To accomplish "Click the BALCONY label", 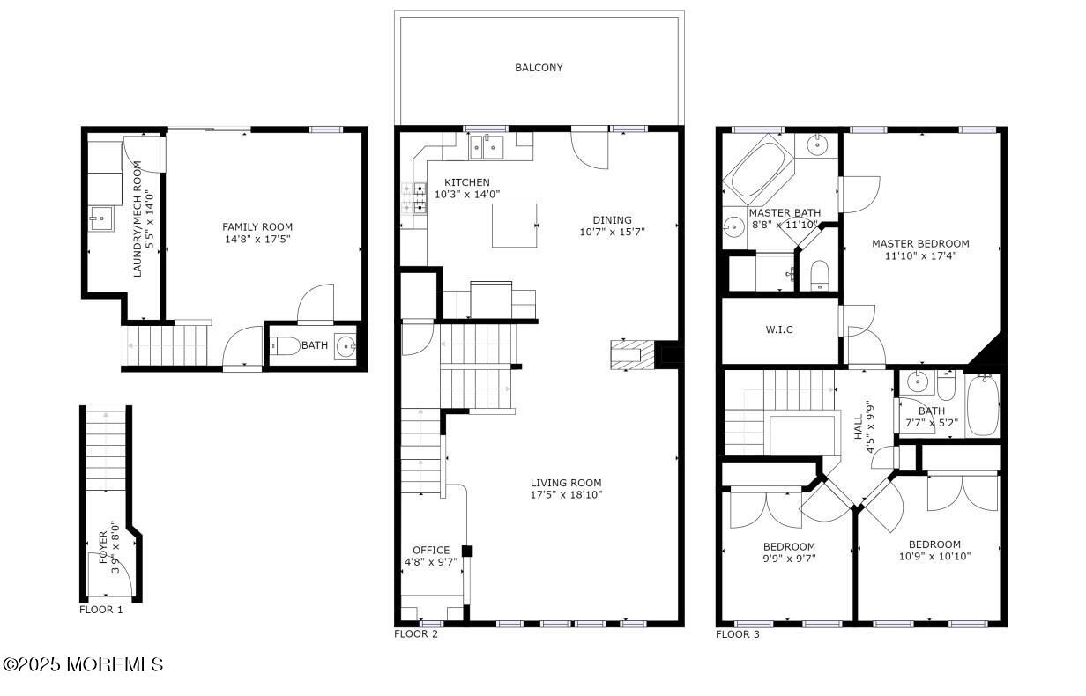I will tap(539, 68).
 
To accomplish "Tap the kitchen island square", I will tap(515, 225).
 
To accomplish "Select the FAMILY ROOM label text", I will tap(257, 227).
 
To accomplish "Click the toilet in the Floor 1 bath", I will tap(279, 346).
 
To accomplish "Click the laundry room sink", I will tap(100, 218).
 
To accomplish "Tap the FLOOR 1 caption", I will tap(101, 609).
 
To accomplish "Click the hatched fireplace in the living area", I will tap(634, 354).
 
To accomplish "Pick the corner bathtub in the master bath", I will tap(759, 167).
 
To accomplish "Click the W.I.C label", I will tap(778, 330).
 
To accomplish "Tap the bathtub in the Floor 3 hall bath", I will tap(983, 406).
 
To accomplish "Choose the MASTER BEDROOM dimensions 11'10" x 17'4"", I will tap(920, 256).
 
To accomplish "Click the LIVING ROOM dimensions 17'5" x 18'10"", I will tap(566, 495).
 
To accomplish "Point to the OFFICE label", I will tap(431, 550).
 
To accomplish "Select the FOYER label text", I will tap(103, 546).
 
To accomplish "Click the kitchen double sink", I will tap(487, 145).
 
